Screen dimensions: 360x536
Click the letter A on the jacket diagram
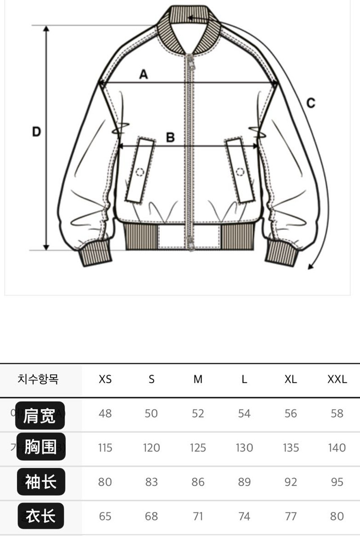(x=143, y=74)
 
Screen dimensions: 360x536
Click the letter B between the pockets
(x=170, y=137)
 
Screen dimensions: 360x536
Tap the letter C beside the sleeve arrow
(x=310, y=103)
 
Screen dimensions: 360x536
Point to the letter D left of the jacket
(x=36, y=131)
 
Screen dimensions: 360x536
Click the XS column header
(x=105, y=379)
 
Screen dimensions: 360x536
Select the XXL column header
(x=337, y=379)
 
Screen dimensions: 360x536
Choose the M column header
(x=198, y=379)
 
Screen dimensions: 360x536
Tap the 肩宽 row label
(x=40, y=414)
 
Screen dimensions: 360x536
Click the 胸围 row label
(x=40, y=447)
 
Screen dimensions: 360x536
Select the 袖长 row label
(x=40, y=482)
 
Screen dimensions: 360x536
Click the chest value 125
(x=198, y=448)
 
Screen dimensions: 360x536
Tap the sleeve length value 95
(x=337, y=482)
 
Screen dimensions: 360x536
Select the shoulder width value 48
(x=105, y=413)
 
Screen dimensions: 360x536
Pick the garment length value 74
(x=244, y=516)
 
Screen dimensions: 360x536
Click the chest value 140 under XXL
(x=337, y=448)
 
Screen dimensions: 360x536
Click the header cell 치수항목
(x=38, y=379)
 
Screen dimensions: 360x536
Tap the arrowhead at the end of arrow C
(x=310, y=268)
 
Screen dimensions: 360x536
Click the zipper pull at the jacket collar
(x=190, y=63)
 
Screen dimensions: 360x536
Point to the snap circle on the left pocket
(x=139, y=171)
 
